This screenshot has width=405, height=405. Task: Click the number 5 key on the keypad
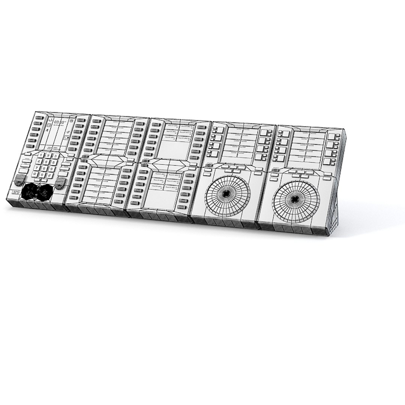(x=46, y=162)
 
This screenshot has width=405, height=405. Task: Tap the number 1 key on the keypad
(x=41, y=155)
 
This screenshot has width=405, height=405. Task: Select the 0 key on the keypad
(x=42, y=175)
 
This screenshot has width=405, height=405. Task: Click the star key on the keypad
(x=34, y=174)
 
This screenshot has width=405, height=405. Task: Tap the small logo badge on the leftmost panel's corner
(x=16, y=192)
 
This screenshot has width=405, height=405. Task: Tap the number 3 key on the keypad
(x=55, y=156)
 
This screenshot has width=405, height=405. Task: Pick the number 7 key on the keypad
(x=37, y=168)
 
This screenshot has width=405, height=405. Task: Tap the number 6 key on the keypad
(x=54, y=163)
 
